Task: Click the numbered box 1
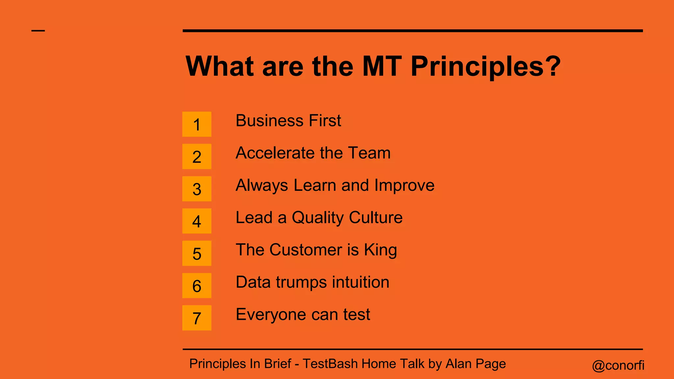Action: (196, 124)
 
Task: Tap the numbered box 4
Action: (196, 221)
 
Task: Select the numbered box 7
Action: (196, 318)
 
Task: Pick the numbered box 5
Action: (196, 253)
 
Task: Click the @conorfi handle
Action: (618, 365)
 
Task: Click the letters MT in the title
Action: (382, 66)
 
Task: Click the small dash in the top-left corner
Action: (38, 31)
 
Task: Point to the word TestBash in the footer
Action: (330, 364)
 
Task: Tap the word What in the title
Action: (220, 66)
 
